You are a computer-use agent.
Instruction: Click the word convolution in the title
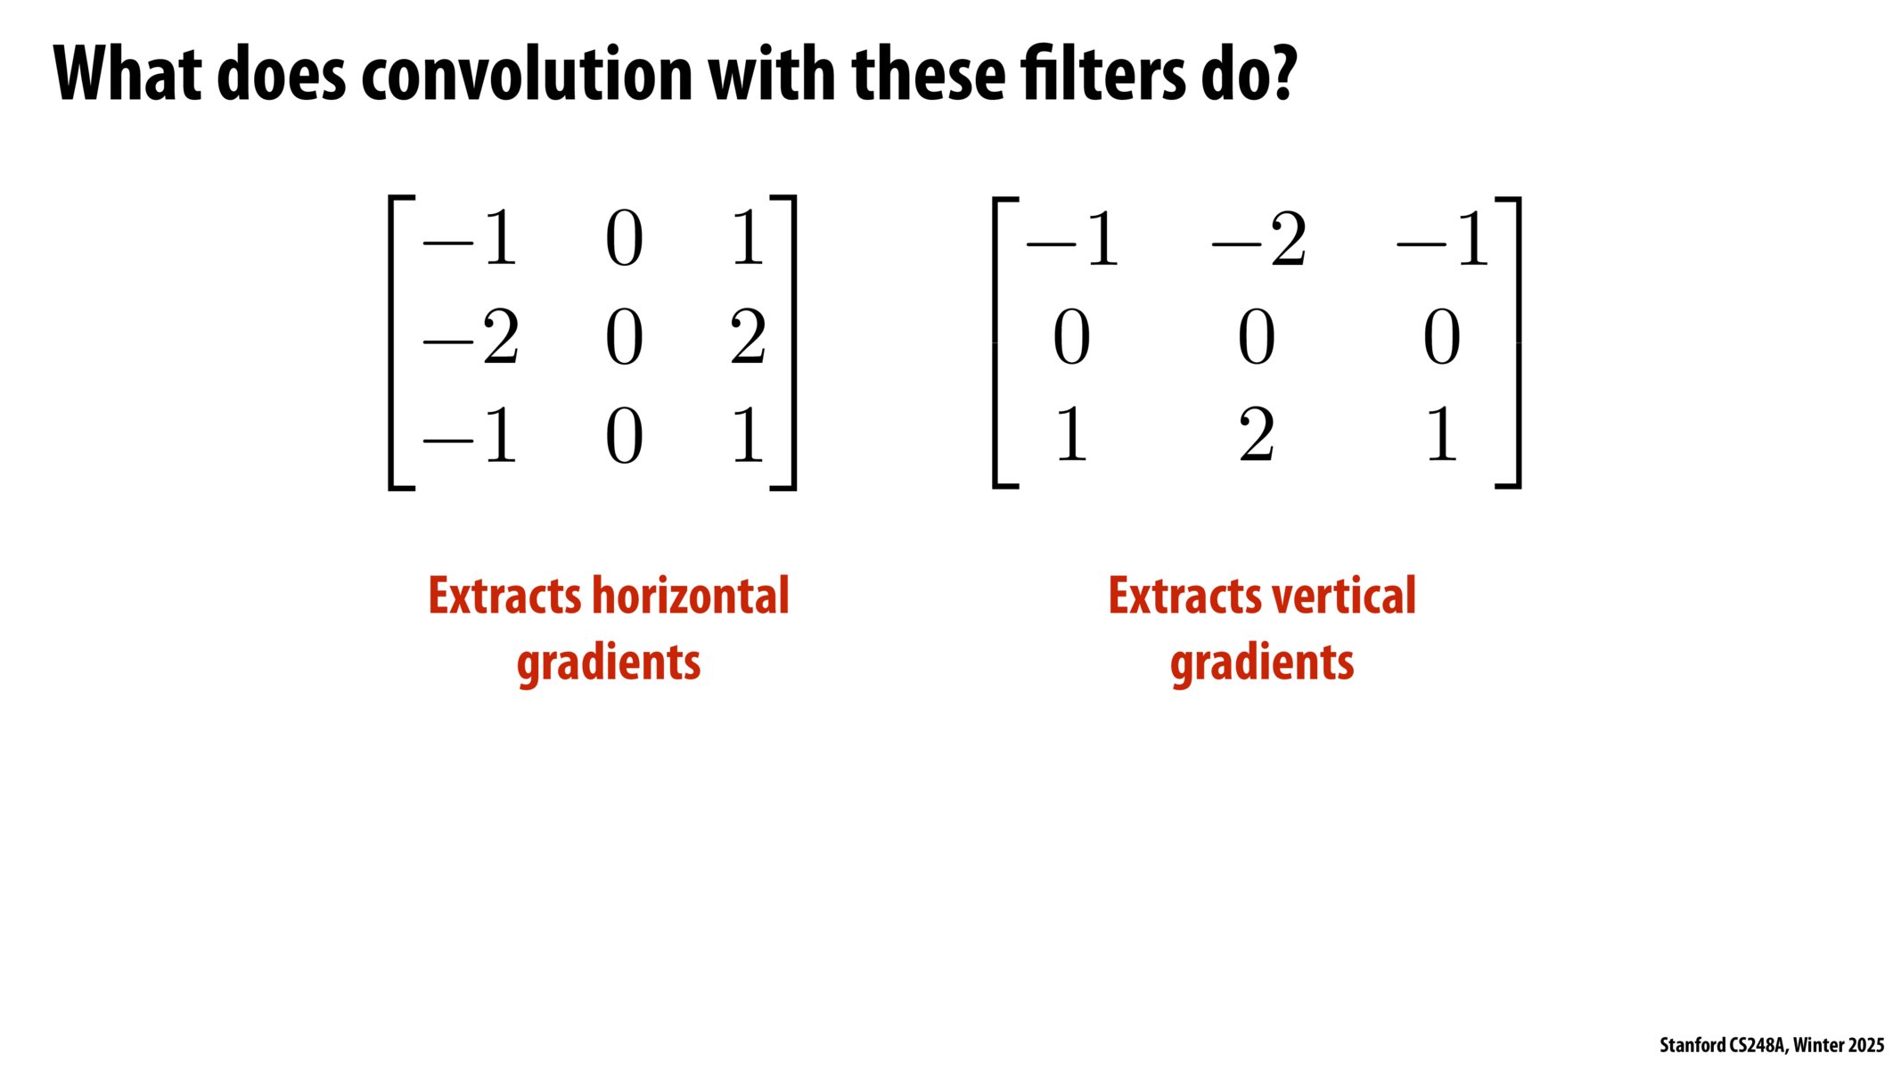coord(527,73)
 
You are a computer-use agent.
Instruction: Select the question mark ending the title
coord(1281,73)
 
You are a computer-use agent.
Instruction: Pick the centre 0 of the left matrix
coord(624,338)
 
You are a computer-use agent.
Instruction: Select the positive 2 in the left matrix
coord(748,338)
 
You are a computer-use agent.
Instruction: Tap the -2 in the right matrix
coord(1258,241)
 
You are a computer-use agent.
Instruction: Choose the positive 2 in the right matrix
coord(1257,436)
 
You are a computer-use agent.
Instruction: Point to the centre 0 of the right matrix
coord(1257,338)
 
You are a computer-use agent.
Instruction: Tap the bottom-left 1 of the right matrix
coord(1071,436)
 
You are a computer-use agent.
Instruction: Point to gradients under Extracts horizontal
coord(609,663)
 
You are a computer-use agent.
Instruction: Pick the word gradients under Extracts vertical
coord(1262,663)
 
